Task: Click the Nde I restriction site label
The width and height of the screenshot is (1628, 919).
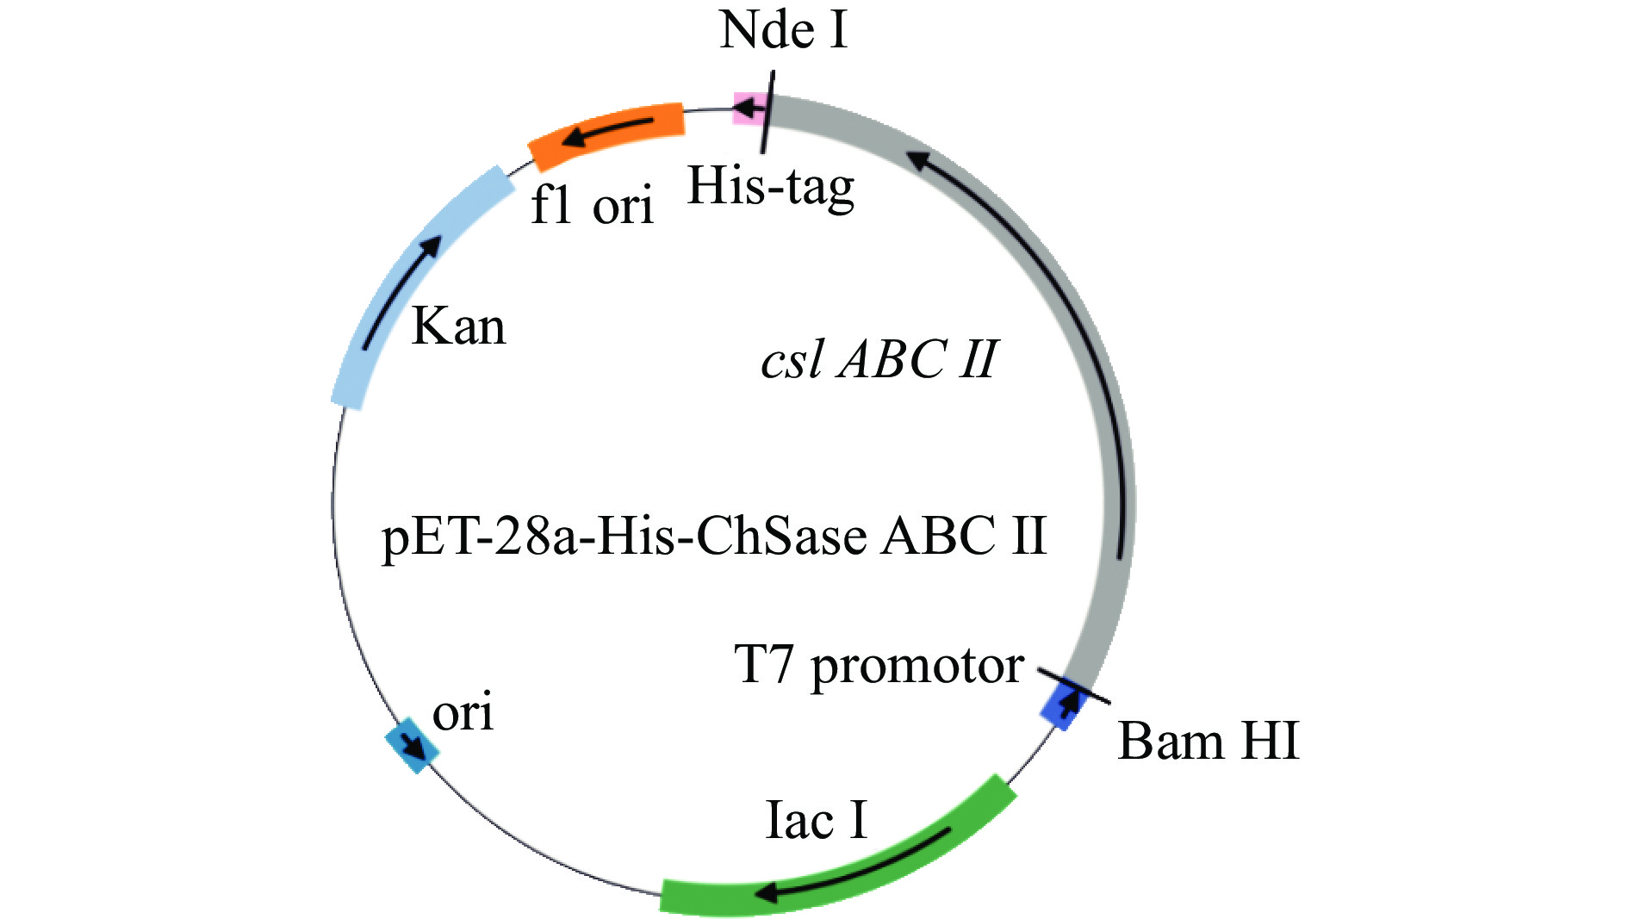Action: point(783,30)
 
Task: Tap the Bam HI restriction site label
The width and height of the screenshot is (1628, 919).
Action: point(1208,741)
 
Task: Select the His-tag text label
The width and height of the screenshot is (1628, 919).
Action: point(771,187)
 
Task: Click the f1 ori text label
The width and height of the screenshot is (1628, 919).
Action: point(592,206)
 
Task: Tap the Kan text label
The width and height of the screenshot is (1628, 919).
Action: point(458,327)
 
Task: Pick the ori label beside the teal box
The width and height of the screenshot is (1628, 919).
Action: point(463,712)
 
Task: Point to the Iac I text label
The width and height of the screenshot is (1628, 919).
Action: point(816,820)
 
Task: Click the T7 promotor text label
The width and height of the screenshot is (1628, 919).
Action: point(879,666)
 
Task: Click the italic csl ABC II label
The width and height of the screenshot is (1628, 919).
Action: point(879,359)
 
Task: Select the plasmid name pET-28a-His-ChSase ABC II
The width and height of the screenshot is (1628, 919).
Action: point(713,536)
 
